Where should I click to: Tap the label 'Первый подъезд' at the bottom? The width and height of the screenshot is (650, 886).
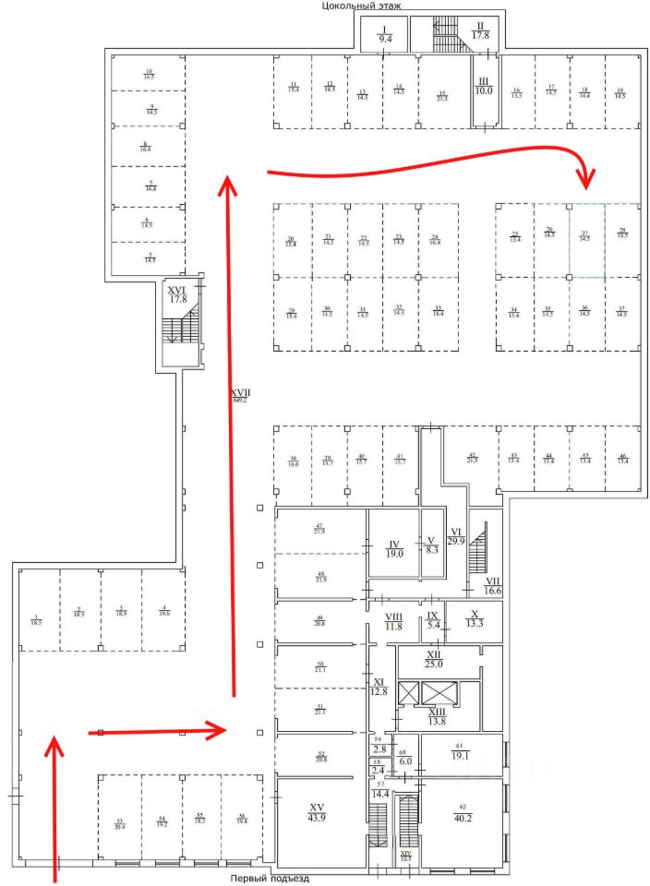coord(270,879)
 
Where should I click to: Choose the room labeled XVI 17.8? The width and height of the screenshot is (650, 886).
coord(178,294)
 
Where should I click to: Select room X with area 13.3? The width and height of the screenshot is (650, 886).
coord(475,618)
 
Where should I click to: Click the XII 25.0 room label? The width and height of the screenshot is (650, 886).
coord(434,659)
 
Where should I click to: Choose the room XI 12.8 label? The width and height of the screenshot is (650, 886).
coord(379,685)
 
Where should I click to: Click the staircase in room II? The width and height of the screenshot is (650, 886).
coord(446,36)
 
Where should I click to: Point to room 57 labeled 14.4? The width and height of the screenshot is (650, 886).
coord(380,790)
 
